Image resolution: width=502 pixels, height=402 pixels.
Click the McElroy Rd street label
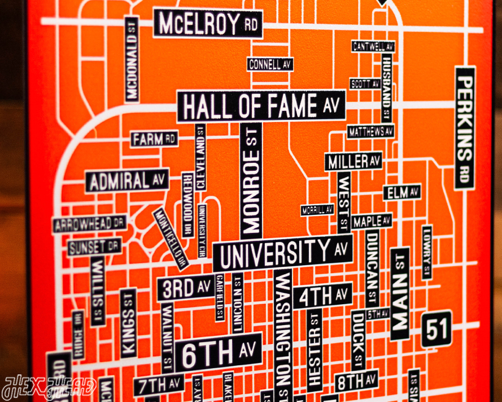click(x=208, y=24)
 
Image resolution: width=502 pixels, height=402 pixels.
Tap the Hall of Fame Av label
click(x=261, y=106)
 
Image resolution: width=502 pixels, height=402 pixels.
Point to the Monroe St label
click(x=251, y=180)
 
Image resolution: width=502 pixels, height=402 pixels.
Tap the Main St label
click(x=400, y=293)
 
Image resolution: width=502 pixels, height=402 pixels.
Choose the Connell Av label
click(x=270, y=64)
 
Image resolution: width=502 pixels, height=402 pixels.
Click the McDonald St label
click(x=132, y=60)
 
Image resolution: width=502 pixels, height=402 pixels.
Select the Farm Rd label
click(x=154, y=139)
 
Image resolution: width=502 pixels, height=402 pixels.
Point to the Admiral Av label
click(x=128, y=181)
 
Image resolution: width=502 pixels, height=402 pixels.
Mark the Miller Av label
click(x=353, y=161)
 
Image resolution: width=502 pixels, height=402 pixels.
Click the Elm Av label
click(x=402, y=192)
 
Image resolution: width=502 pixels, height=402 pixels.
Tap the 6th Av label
click(x=218, y=353)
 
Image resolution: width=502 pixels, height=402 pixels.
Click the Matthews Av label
click(x=370, y=132)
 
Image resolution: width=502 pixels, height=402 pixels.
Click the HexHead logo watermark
click(x=49, y=388)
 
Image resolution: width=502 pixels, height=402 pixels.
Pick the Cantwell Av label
click(x=373, y=46)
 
